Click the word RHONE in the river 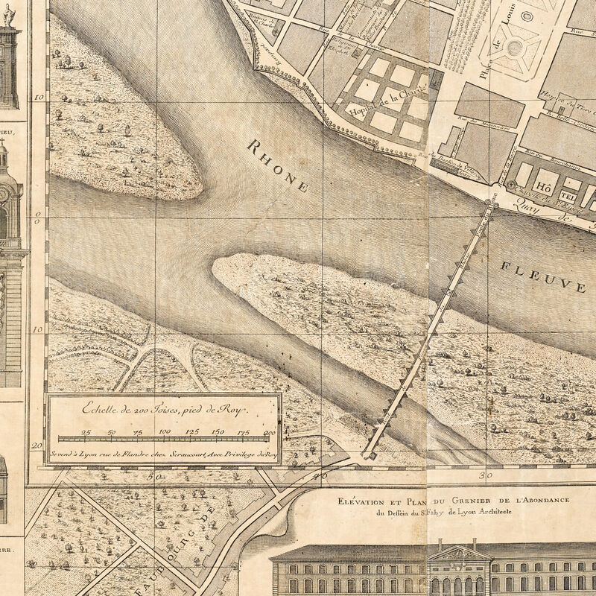[279, 165]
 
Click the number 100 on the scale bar [165, 432]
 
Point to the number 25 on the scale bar [86, 432]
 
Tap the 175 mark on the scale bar [244, 432]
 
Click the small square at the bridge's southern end [368, 454]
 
